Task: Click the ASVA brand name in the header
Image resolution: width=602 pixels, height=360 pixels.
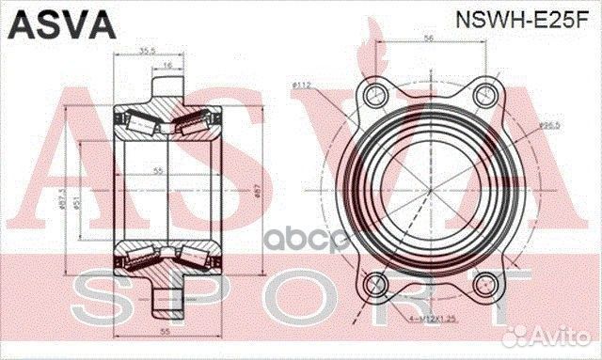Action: click(49, 21)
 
